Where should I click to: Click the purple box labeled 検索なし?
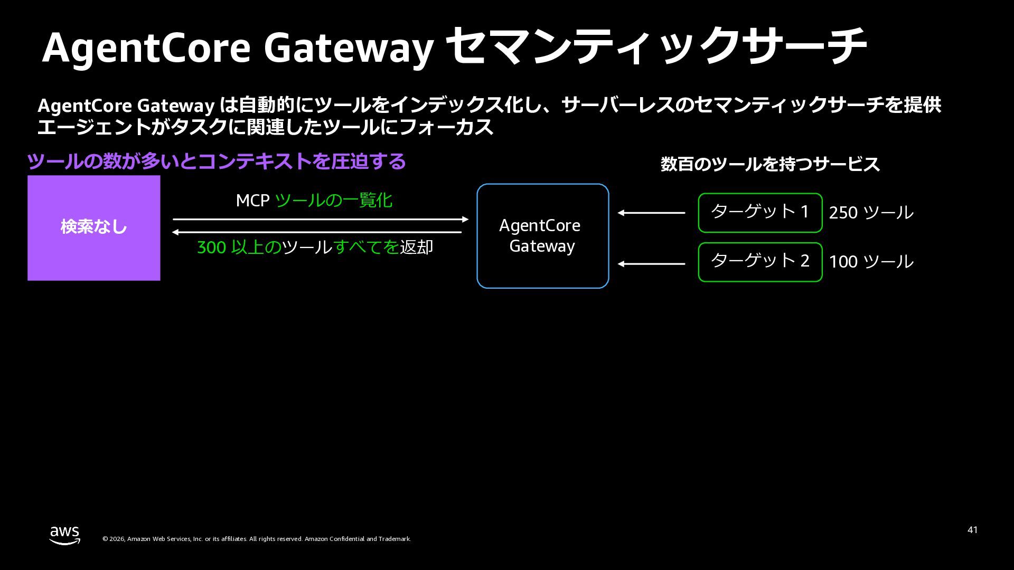pyautogui.click(x=93, y=227)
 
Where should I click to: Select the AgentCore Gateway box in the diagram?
pyautogui.click(x=542, y=236)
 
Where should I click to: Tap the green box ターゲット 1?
pyautogui.click(x=760, y=213)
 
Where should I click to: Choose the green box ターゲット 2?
pyautogui.click(x=760, y=262)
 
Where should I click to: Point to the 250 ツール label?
pyautogui.click(x=871, y=213)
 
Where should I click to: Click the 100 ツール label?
pyautogui.click(x=871, y=262)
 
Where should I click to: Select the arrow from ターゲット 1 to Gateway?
pyautogui.click(x=651, y=213)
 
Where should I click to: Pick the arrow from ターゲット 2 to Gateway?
pyautogui.click(x=651, y=264)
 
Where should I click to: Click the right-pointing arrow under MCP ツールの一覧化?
pyautogui.click(x=321, y=219)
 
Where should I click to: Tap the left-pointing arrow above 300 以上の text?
pyautogui.click(x=317, y=232)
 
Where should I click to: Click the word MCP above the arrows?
pyautogui.click(x=252, y=201)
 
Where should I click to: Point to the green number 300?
pyautogui.click(x=211, y=248)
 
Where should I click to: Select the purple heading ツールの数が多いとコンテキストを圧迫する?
pyautogui.click(x=216, y=161)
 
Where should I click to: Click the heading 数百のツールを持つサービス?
pyautogui.click(x=770, y=164)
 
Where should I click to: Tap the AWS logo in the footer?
pyautogui.click(x=65, y=535)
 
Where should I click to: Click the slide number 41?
pyautogui.click(x=972, y=530)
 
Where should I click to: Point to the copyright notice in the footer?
pyautogui.click(x=257, y=539)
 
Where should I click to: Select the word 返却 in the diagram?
pyautogui.click(x=416, y=248)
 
